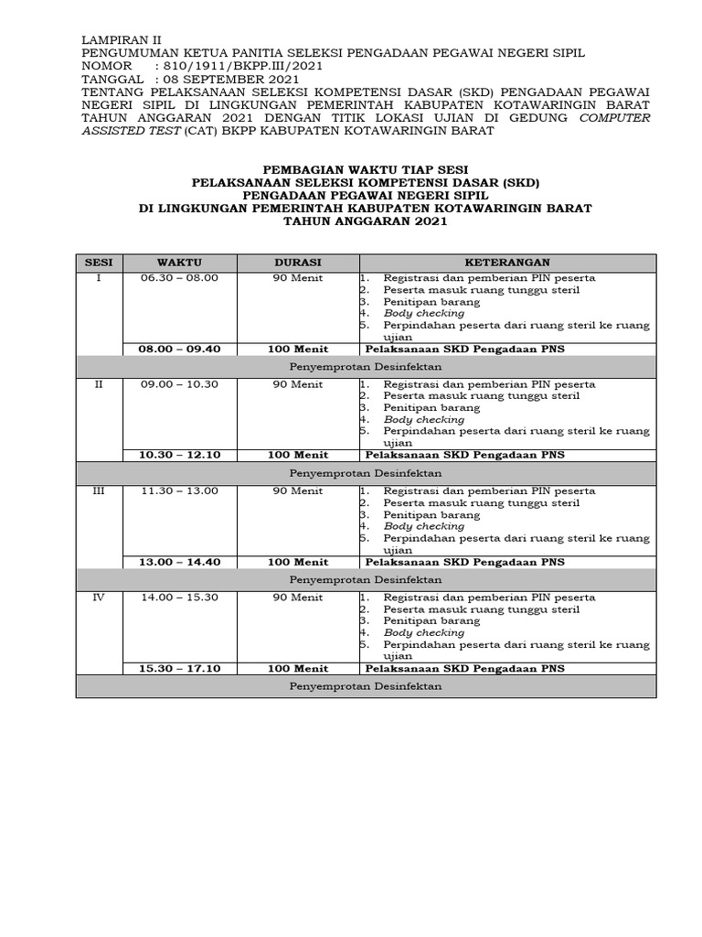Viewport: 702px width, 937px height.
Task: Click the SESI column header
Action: pos(99,263)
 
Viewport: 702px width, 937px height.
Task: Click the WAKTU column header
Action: pos(179,263)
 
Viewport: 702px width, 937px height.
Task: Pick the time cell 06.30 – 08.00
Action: pos(179,278)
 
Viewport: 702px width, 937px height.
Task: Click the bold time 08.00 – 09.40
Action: pos(179,349)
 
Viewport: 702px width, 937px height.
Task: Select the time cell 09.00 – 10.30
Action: pos(179,384)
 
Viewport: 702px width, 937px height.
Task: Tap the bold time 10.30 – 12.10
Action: pos(179,455)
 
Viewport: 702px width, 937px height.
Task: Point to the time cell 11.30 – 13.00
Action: pos(179,491)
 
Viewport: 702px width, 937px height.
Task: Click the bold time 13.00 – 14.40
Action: pos(179,562)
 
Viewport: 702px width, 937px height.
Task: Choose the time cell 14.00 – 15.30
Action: pos(179,598)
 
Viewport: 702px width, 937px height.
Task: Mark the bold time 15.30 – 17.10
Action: pos(179,668)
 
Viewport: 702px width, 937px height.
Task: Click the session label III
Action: pos(99,491)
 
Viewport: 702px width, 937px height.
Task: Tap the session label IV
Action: pos(99,598)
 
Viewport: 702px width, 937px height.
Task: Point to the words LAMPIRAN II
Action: pos(121,40)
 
